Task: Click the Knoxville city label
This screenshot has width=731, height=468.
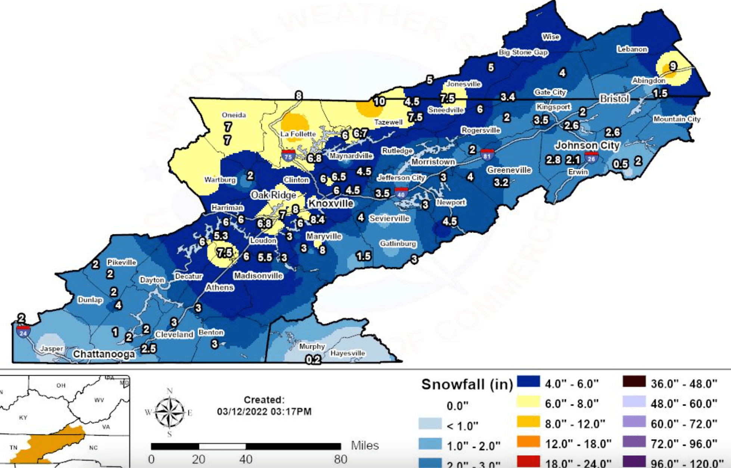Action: point(331,203)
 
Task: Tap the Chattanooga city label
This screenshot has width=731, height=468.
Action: point(104,354)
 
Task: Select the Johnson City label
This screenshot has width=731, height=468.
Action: point(587,145)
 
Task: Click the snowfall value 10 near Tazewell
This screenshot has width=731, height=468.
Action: point(379,101)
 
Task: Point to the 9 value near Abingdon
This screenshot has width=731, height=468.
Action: point(673,67)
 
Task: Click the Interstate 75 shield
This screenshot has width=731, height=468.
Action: point(288,155)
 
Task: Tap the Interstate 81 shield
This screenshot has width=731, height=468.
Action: point(487,154)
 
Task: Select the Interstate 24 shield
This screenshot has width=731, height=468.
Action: point(23,332)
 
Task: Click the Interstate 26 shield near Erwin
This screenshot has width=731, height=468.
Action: point(591,157)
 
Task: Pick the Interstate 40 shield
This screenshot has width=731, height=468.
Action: point(401,193)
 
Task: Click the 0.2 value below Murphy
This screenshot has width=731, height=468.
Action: point(313,360)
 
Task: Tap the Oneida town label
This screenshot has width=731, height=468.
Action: point(234,115)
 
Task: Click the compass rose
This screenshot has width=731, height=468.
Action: point(169,412)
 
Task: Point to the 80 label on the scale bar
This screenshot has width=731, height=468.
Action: point(340,459)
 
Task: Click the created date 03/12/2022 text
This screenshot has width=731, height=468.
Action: point(264,412)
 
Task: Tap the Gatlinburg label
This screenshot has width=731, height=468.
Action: point(398,244)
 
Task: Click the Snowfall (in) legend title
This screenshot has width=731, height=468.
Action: point(467,384)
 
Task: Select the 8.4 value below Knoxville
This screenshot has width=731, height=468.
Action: point(317,219)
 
